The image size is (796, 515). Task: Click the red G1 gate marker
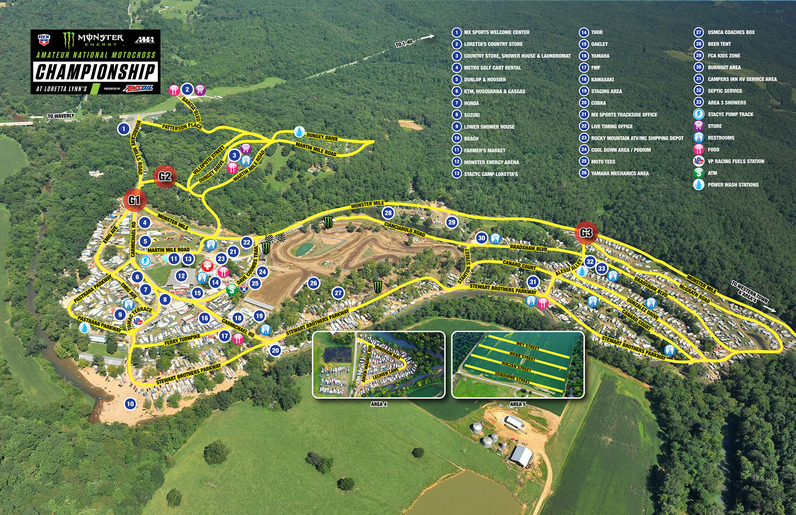pyautogui.click(x=135, y=200)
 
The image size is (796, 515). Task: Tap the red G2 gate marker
pyautogui.click(x=165, y=177)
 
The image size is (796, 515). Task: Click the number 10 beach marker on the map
pyautogui.click(x=130, y=404)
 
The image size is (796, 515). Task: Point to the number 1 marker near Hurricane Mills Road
pyautogui.click(x=124, y=129)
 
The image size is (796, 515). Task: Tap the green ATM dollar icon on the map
pyautogui.click(x=232, y=290)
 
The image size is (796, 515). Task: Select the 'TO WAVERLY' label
pyautogui.click(x=60, y=116)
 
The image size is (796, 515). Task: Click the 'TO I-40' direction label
pyautogui.click(x=404, y=44)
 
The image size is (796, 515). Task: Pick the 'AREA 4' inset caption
pyautogui.click(x=378, y=404)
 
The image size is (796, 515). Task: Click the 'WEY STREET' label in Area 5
pyautogui.click(x=528, y=346)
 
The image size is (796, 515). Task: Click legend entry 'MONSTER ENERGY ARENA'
pyautogui.click(x=491, y=162)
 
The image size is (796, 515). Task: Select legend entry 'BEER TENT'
pyautogui.click(x=719, y=44)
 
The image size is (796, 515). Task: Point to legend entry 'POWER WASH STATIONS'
pyautogui.click(x=733, y=185)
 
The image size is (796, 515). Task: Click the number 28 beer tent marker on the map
pyautogui.click(x=388, y=213)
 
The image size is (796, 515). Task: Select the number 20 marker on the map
pyautogui.click(x=275, y=350)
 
